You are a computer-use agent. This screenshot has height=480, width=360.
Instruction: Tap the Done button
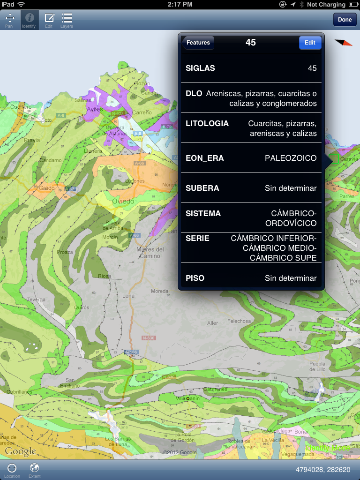(x=345, y=20)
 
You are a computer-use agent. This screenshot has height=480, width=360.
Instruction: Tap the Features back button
(x=198, y=43)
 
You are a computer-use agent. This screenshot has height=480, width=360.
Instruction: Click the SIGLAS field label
(x=200, y=68)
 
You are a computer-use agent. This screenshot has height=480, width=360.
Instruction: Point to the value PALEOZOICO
(x=291, y=158)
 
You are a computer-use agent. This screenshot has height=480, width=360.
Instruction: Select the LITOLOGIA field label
(x=207, y=124)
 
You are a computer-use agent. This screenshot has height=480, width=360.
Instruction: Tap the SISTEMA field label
(x=203, y=213)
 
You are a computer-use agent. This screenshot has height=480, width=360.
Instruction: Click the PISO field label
(x=195, y=278)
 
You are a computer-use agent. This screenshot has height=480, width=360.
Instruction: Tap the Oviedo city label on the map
(x=123, y=201)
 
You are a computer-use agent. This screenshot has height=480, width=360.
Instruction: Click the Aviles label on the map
(x=94, y=109)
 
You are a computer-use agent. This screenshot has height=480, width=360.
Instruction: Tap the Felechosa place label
(x=240, y=321)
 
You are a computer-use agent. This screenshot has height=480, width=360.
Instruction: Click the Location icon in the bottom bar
(x=12, y=467)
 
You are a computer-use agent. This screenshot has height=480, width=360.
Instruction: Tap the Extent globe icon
(x=34, y=467)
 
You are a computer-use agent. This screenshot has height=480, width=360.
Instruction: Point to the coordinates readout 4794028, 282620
(x=322, y=469)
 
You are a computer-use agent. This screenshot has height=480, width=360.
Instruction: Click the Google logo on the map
(x=20, y=452)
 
